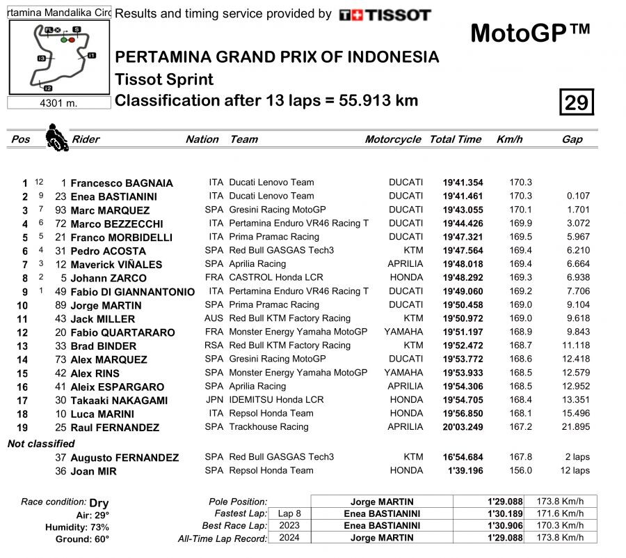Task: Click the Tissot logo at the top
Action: click(x=385, y=15)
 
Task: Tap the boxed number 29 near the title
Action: click(x=576, y=103)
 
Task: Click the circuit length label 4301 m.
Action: click(x=59, y=103)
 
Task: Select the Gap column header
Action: click(x=572, y=139)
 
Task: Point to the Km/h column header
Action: click(x=509, y=139)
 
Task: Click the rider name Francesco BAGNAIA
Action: click(x=122, y=183)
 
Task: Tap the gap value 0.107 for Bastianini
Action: click(x=578, y=196)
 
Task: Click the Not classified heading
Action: click(x=41, y=444)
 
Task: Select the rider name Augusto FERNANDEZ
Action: click(x=125, y=458)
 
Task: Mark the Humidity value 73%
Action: click(x=99, y=527)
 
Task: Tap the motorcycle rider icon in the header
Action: click(x=56, y=137)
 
